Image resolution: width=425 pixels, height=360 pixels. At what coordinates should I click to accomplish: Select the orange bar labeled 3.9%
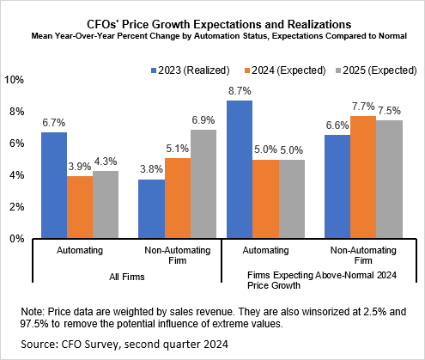click(79, 208)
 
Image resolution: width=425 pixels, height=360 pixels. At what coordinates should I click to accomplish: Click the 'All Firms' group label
click(128, 278)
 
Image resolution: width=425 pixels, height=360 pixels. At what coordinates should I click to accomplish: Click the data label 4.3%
click(105, 162)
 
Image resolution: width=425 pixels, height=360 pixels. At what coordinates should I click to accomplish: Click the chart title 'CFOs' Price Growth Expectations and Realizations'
click(212, 14)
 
